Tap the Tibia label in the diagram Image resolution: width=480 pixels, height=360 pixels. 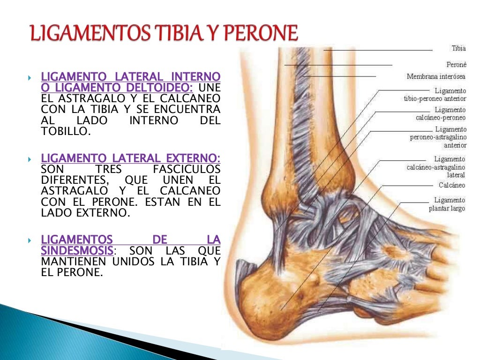(458, 48)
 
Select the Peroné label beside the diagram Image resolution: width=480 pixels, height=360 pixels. (456, 64)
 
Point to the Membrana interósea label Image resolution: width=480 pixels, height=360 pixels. (436, 76)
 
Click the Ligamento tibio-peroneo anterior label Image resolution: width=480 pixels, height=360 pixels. (435, 94)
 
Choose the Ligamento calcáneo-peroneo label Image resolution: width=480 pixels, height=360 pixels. (441, 113)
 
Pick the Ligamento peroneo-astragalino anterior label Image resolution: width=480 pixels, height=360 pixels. (438, 137)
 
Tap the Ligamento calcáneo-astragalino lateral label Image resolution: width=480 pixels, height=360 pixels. (436, 167)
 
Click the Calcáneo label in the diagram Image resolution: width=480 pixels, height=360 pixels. (452, 185)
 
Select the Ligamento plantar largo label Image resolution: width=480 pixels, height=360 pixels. (447, 204)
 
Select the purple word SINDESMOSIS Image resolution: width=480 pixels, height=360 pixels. (77, 250)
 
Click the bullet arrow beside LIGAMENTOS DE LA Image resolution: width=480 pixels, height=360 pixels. (30, 240)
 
